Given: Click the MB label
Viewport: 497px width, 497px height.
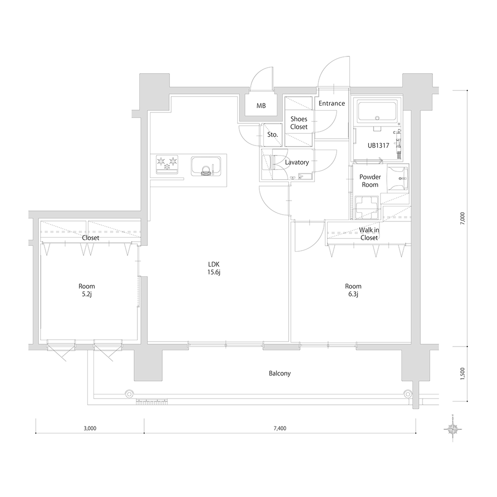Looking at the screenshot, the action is (x=261, y=106).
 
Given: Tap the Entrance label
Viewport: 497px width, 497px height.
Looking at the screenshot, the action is (x=332, y=103).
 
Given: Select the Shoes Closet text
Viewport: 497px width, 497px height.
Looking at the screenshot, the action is (x=299, y=122).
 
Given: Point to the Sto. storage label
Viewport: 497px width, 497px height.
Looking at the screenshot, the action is (x=272, y=135).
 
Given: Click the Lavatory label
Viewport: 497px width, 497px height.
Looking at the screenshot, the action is (x=297, y=162).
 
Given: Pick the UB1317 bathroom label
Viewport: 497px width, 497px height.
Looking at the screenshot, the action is (x=379, y=146).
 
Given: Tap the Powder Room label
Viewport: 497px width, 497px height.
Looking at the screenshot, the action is (x=370, y=181).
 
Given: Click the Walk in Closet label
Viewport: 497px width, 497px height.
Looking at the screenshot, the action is (x=369, y=234).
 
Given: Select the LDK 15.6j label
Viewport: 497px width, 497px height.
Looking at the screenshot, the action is (x=214, y=268).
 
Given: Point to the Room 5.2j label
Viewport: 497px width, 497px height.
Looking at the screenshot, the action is (x=87, y=290).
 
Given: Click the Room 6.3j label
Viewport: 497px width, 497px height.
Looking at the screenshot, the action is (x=353, y=290).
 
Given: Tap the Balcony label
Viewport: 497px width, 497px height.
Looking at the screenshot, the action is (x=280, y=373).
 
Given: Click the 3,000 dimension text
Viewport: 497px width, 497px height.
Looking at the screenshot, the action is (x=90, y=428).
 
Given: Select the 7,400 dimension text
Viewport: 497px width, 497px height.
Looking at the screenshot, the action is (x=280, y=428).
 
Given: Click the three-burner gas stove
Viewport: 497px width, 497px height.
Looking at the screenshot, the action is (x=167, y=164).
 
